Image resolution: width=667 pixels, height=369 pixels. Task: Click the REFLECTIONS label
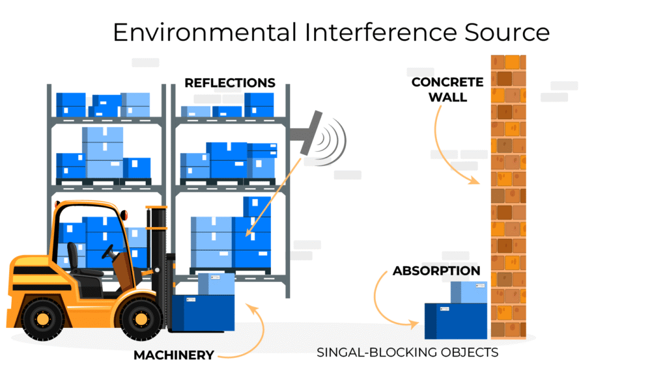tap(229, 83)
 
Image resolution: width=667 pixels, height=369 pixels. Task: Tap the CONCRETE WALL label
tap(447, 90)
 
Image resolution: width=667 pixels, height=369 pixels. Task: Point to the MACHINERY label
tap(173, 355)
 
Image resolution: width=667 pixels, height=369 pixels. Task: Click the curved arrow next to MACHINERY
tap(255, 335)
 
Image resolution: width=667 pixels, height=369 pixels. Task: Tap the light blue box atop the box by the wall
tap(469, 292)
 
